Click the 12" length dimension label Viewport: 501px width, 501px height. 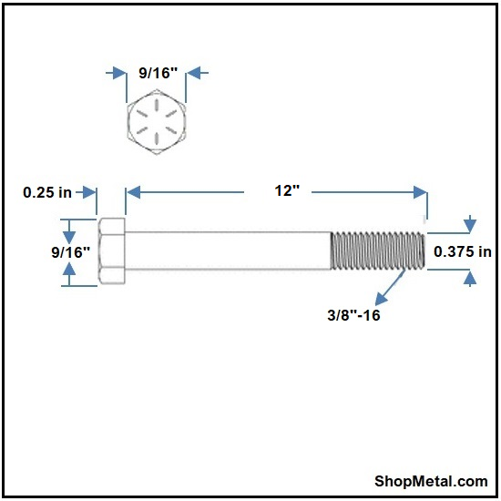pyautogui.click(x=287, y=191)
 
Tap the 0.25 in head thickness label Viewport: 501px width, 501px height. pyautogui.click(x=47, y=192)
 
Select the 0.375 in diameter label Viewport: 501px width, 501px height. pyautogui.click(x=463, y=251)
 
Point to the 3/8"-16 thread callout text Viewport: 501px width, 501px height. pyautogui.click(x=353, y=315)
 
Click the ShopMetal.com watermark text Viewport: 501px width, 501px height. pyautogui.click(x=431, y=481)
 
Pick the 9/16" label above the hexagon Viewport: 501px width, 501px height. pyautogui.click(x=158, y=73)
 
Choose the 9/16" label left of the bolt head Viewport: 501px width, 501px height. pyautogui.click(x=71, y=252)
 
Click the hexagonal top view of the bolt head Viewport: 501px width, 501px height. pyautogui.click(x=157, y=122)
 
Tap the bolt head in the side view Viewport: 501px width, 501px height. pyautogui.click(x=112, y=250)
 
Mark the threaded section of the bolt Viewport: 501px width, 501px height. pyautogui.click(x=378, y=250)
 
